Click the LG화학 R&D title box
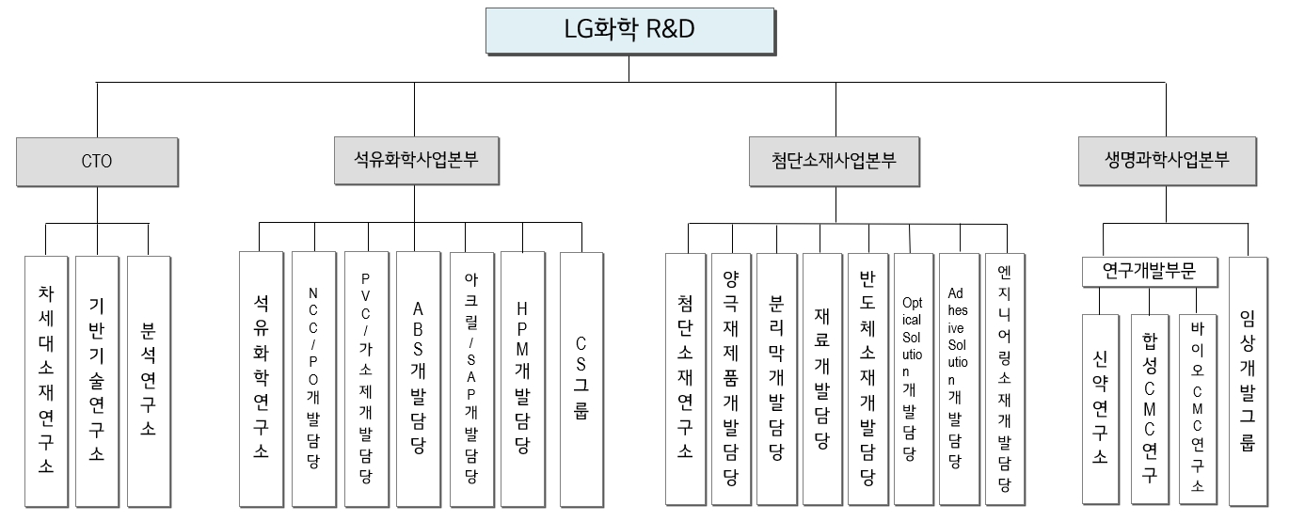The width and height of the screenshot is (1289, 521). (x=629, y=30)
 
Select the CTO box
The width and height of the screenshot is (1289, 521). (x=97, y=161)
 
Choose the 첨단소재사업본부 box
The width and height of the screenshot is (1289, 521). (x=835, y=161)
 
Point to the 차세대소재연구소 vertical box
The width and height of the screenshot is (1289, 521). (x=46, y=381)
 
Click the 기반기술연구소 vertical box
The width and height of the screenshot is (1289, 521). (x=97, y=381)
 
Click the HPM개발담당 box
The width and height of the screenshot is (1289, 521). (x=523, y=376)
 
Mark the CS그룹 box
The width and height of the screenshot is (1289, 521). (x=581, y=376)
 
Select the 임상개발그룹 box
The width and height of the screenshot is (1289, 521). (x=1249, y=381)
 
